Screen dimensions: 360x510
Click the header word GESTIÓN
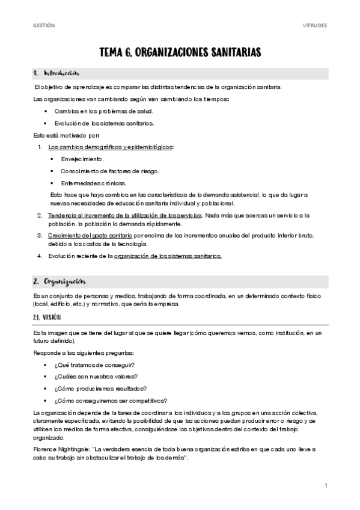click(x=43, y=25)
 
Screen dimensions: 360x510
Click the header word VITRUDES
click(x=314, y=25)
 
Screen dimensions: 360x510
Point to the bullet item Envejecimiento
click(x=82, y=159)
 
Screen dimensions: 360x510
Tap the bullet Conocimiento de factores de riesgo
click(x=110, y=171)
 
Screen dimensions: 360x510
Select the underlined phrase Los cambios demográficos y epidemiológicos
click(x=110, y=147)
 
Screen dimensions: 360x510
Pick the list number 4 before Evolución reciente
click(x=39, y=256)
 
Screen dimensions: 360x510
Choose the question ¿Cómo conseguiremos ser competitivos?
click(x=111, y=401)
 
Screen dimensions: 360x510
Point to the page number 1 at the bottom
click(x=325, y=485)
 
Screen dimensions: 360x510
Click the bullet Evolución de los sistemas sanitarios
click(x=104, y=123)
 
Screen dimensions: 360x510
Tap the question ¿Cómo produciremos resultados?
click(x=100, y=389)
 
